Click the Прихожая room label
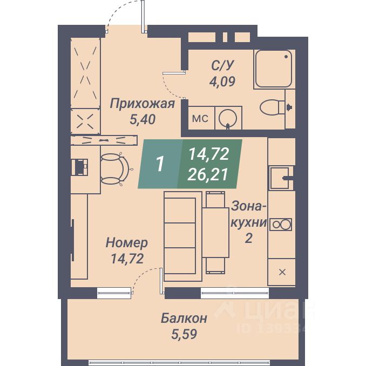pyautogui.click(x=142, y=104)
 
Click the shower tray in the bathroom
pyautogui.click(x=274, y=69)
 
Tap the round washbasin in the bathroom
pyautogui.click(x=229, y=118)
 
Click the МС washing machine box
pyautogui.click(x=200, y=118)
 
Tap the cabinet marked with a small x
pyautogui.click(x=281, y=272)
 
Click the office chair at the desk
pyautogui.click(x=114, y=167)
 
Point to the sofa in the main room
pyautogui.click(x=180, y=235)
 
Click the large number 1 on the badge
pyautogui.click(x=160, y=164)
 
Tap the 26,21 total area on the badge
pyautogui.click(x=208, y=174)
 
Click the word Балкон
pyautogui.click(x=184, y=318)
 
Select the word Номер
pyautogui.click(x=127, y=242)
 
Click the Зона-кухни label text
pyautogui.click(x=249, y=214)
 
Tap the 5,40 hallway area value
pyautogui.click(x=142, y=120)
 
